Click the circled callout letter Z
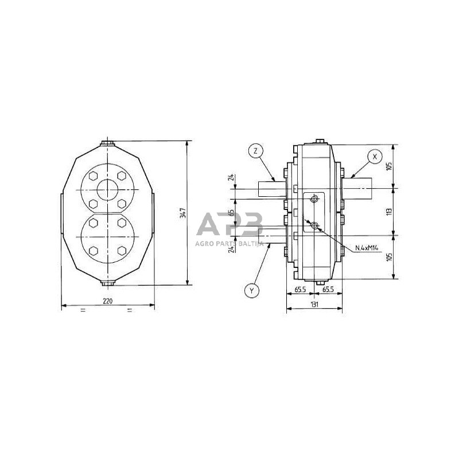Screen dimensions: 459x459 pyautogui.click(x=255, y=151)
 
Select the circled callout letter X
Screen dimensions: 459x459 pyautogui.click(x=375, y=156)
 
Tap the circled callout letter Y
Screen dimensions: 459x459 pyautogui.click(x=252, y=290)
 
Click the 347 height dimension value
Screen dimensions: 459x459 pyautogui.click(x=183, y=213)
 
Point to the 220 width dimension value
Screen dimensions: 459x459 pyautogui.click(x=107, y=301)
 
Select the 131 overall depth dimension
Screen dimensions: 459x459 pyautogui.click(x=314, y=305)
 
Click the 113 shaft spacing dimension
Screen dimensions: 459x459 pyautogui.click(x=389, y=212)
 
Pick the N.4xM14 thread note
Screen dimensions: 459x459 pyautogui.click(x=367, y=248)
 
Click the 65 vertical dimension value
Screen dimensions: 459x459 pyautogui.click(x=232, y=212)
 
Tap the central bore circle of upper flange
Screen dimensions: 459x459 pyautogui.click(x=107, y=190)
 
